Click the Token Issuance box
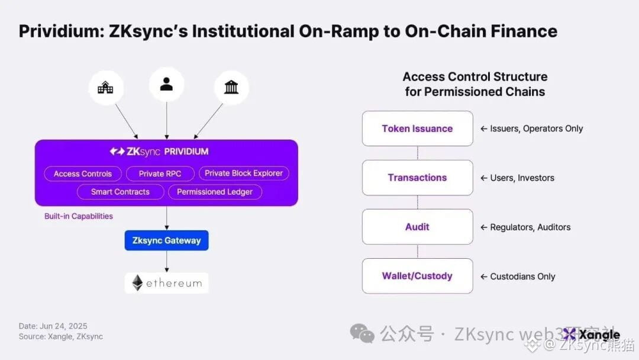tap(417, 128)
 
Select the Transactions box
tap(417, 178)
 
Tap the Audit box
tap(417, 227)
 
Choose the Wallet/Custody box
tap(417, 276)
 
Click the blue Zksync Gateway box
tap(166, 240)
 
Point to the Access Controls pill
tap(83, 173)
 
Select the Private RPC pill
tap(160, 173)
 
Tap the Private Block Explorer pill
tap(244, 173)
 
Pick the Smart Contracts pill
tap(120, 191)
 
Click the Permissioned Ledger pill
tap(215, 191)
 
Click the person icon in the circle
tap(166, 85)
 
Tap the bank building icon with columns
tap(231, 88)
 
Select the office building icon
tap(106, 89)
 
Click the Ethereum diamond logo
tap(137, 283)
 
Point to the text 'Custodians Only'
tap(522, 277)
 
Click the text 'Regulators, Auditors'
tap(530, 227)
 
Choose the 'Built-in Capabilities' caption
tap(79, 216)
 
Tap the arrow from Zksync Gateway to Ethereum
tap(167, 261)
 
